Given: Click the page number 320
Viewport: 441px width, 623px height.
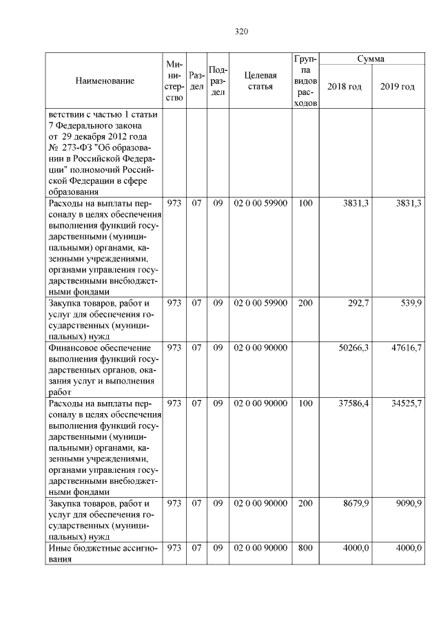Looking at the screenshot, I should pos(240,32).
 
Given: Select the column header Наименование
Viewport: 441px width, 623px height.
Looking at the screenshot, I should pos(105,81).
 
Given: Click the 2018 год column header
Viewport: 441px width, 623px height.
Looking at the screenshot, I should pos(345,87).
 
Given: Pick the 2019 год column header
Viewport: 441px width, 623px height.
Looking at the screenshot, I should pos(398,87).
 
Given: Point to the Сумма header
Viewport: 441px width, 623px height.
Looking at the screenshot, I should pos(371,60).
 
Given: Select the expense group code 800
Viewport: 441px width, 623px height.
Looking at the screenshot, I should pos(305,548).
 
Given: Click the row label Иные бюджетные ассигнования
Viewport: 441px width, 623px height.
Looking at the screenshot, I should pos(103,553).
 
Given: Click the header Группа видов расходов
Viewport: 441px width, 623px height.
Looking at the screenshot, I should pos(305,81).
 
